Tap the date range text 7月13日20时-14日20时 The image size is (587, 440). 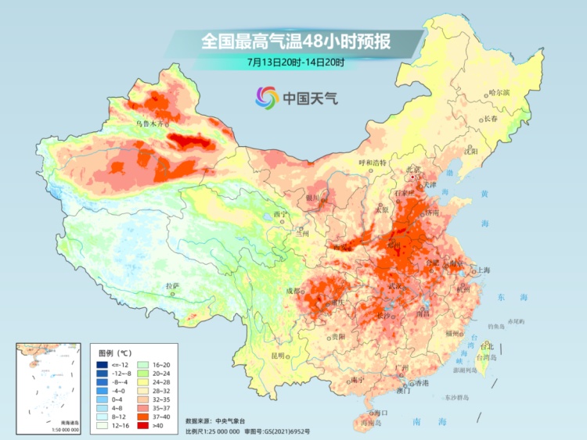coord(295,62)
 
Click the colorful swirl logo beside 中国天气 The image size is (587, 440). coord(266,98)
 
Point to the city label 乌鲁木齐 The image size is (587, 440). coord(150,123)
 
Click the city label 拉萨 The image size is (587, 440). coord(172,285)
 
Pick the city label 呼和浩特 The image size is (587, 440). coord(373,163)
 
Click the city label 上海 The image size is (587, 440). coord(482,270)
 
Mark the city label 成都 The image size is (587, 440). coord(292,291)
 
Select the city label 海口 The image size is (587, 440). coord(381,413)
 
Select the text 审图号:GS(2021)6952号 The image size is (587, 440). coord(276,431)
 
